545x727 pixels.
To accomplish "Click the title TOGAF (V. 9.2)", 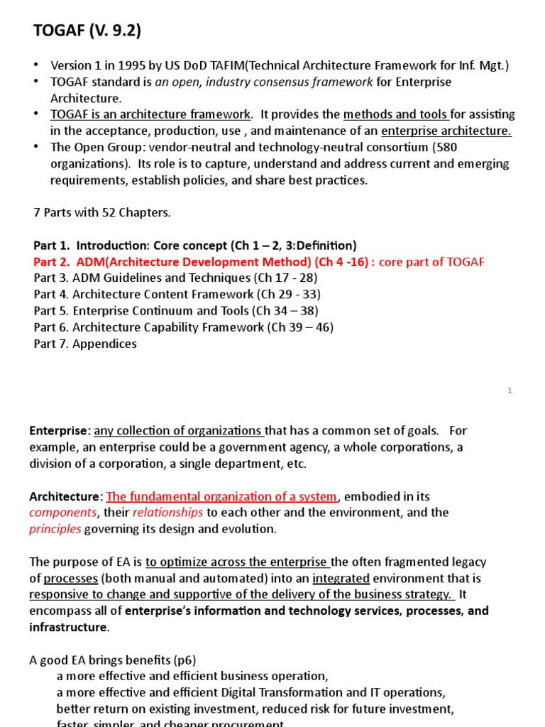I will click(87, 31).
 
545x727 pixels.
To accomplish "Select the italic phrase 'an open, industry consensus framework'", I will click(263, 82).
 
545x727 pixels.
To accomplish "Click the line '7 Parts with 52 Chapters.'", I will click(102, 212).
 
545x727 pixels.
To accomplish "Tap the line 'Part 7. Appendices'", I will click(85, 344).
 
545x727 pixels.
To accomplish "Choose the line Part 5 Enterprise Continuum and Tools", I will click(176, 311).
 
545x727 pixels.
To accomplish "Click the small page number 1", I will click(510, 391).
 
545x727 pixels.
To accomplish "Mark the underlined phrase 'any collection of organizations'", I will click(180, 430).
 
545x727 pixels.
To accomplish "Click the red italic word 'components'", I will click(62, 513).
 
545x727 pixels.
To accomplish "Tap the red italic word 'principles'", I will click(56, 529).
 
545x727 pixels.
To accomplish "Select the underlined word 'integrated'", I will click(341, 579).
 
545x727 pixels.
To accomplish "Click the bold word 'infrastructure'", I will click(68, 627).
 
